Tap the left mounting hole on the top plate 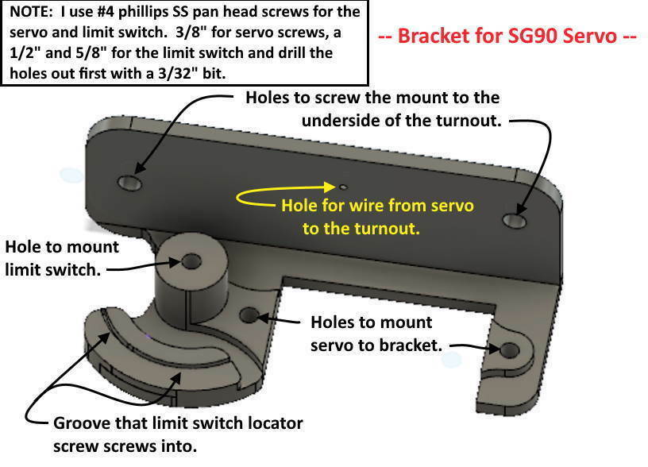point(129,183)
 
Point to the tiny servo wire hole point(342,188)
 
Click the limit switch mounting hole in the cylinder point(191,261)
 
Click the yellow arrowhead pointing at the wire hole point(332,187)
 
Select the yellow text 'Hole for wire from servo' point(377,206)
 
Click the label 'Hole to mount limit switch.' point(61,257)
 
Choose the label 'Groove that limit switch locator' point(178,423)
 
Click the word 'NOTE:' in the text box point(31,13)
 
